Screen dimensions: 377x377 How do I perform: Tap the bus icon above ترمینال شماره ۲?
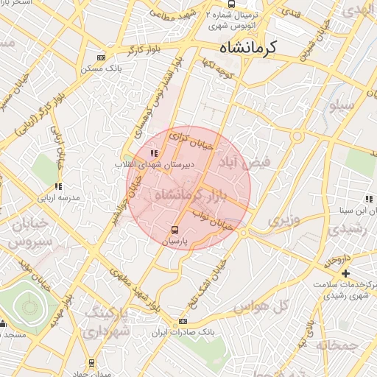232,4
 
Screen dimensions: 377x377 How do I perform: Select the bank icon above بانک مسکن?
101,57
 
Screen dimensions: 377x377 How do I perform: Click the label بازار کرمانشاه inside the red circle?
187,196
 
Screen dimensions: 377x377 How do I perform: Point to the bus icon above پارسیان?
175,229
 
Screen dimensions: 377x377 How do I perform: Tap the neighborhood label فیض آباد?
246,161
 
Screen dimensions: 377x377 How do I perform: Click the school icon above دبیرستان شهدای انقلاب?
154,153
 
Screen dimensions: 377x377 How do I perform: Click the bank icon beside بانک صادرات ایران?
183,322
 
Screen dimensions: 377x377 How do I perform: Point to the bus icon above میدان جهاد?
91,363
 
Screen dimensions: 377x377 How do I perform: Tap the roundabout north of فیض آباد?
297,137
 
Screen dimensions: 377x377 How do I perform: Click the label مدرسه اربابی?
58,198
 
